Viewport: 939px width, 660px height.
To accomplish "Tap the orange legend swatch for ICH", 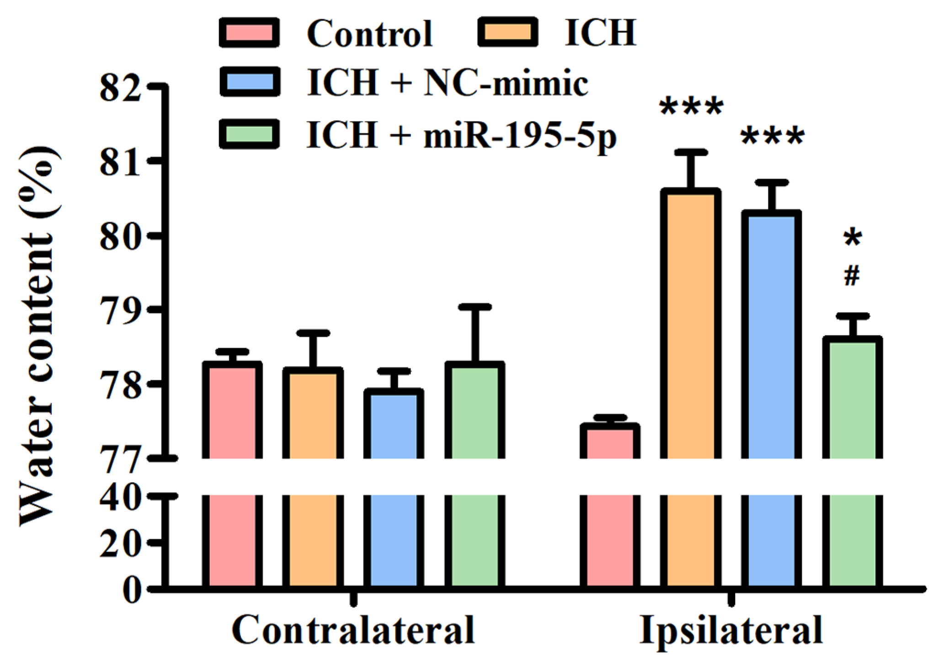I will click(507, 32).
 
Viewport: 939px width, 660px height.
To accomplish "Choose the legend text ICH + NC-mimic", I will click(447, 83).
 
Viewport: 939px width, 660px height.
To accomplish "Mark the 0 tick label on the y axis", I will click(133, 590).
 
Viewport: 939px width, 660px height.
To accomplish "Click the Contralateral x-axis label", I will click(353, 630).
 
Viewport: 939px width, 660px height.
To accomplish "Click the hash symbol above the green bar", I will click(852, 276).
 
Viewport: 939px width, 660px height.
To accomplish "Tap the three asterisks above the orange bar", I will click(691, 108).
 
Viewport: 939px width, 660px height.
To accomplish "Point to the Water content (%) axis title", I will click(39, 336).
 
